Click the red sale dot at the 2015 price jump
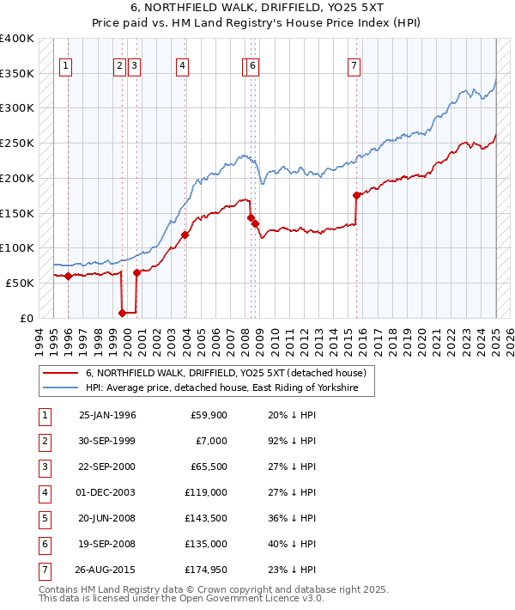click(356, 195)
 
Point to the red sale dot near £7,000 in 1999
click(123, 313)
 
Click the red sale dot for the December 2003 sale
click(185, 235)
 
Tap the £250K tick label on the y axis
click(17, 143)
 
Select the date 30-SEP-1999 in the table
click(107, 442)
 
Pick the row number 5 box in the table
click(44, 519)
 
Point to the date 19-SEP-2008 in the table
click(107, 545)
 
